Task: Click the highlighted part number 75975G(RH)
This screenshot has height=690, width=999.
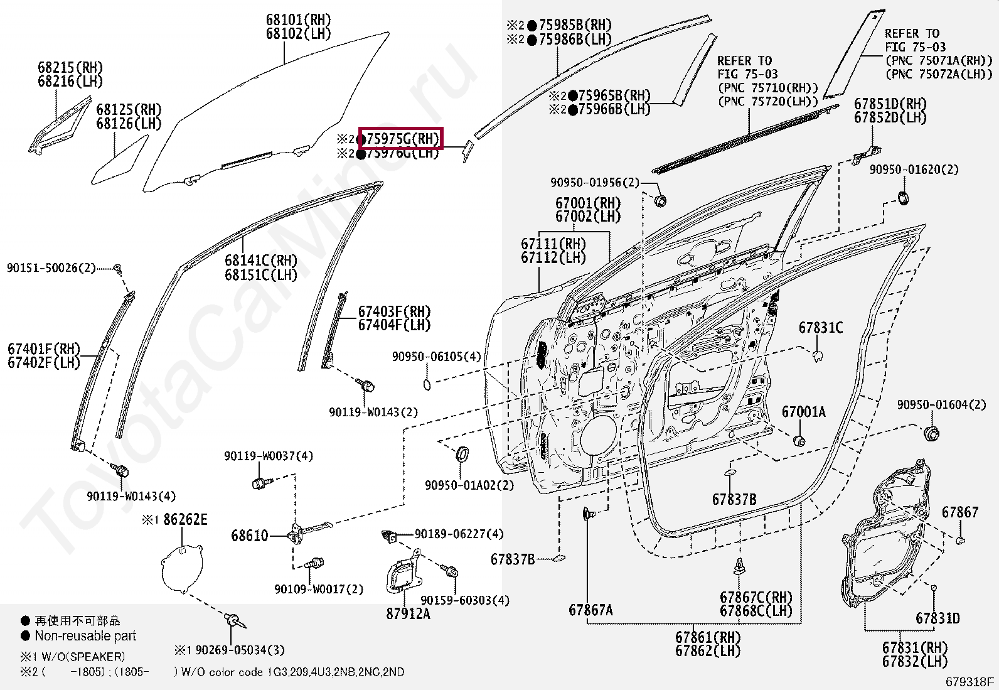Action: click(x=401, y=139)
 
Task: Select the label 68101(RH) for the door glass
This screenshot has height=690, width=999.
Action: click(x=298, y=21)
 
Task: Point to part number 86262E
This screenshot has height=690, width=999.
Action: click(x=185, y=520)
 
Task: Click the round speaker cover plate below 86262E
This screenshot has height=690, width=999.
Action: click(x=183, y=568)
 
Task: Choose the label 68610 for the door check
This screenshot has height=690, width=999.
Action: click(x=249, y=536)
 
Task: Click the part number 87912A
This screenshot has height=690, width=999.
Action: click(x=408, y=614)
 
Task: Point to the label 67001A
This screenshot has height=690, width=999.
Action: click(x=803, y=412)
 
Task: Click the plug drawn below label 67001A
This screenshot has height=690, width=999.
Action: click(x=799, y=440)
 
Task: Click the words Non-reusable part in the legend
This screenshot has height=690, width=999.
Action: click(x=85, y=636)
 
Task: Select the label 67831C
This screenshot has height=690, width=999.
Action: click(x=820, y=328)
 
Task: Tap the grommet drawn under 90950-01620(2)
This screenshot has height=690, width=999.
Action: click(x=903, y=199)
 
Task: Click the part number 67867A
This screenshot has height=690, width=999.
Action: click(x=590, y=610)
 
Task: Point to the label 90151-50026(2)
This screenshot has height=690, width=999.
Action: click(x=51, y=268)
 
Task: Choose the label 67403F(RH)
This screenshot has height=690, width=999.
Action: click(x=394, y=312)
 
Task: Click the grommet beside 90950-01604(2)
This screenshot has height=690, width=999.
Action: click(x=932, y=433)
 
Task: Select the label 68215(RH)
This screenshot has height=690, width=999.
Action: click(x=70, y=68)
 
